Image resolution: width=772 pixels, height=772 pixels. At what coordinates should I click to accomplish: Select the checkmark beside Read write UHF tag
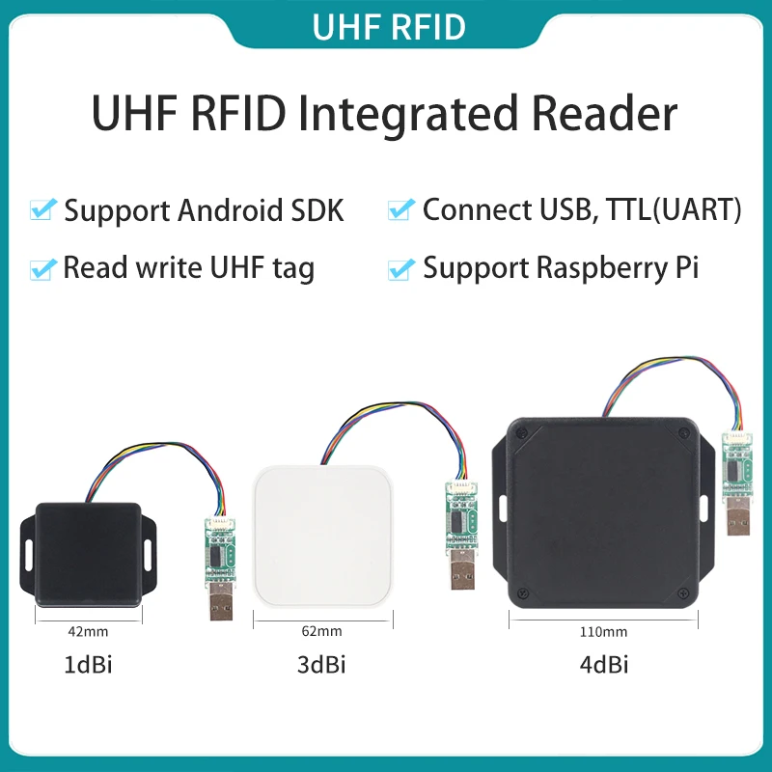[x=42, y=268]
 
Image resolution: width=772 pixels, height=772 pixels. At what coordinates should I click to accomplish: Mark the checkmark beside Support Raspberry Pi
[x=401, y=268]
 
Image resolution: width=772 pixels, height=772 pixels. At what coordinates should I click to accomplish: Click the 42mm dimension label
[x=88, y=633]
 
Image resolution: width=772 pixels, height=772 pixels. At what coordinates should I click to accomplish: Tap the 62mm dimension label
[x=322, y=633]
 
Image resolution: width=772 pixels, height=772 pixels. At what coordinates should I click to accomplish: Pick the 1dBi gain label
[x=88, y=665]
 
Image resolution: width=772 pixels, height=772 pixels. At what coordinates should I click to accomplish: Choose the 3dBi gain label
[x=322, y=665]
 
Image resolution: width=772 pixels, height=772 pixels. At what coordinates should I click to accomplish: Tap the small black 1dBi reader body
[x=89, y=555]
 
